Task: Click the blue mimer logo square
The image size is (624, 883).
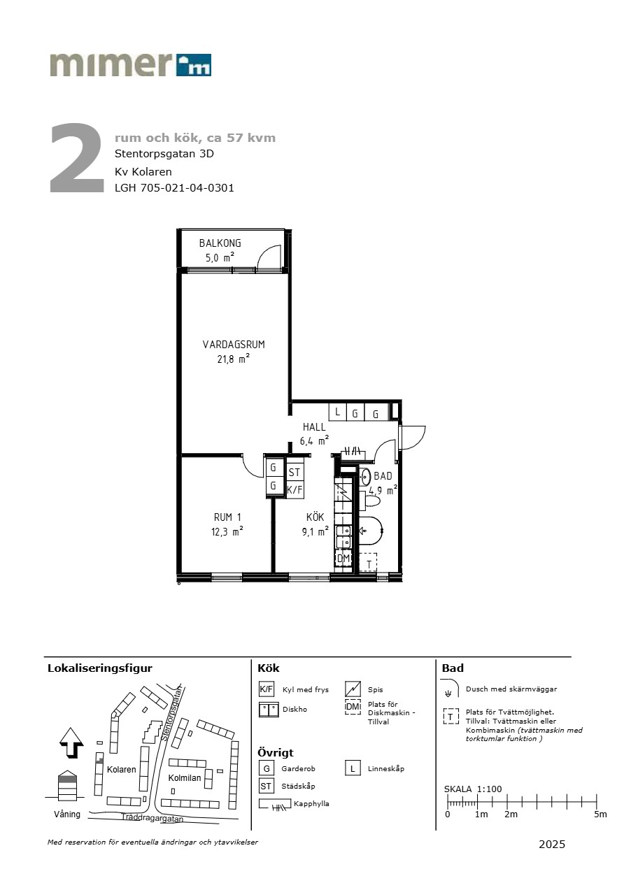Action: coord(193,65)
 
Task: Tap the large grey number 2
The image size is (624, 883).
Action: coord(77,158)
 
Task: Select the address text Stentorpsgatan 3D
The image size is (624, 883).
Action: coord(164,153)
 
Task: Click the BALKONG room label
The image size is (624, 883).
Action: coord(220,243)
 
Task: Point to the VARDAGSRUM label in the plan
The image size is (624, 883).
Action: coord(234,345)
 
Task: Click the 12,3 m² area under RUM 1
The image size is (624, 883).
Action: coord(227,531)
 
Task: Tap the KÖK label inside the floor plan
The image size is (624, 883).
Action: coord(315,517)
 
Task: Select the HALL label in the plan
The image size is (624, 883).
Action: coord(314,426)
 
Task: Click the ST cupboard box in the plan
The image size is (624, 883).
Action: coord(295,472)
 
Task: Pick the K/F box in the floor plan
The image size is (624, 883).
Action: coord(295,490)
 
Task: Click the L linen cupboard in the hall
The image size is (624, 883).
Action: coord(337,412)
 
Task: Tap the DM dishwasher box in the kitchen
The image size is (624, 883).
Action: coord(343,558)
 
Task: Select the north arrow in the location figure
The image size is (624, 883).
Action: coord(71,742)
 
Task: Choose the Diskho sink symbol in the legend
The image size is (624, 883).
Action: coord(269,710)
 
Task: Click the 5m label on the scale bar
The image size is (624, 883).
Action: coord(600,814)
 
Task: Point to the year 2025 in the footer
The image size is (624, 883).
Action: coord(552,844)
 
